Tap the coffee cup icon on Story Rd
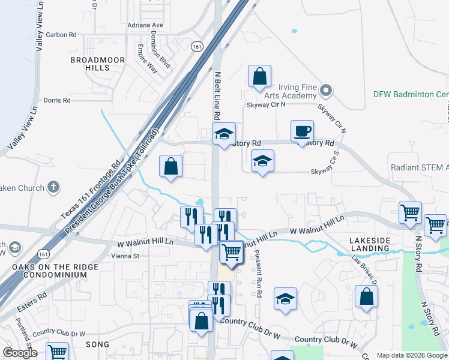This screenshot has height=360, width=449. tap(302, 131)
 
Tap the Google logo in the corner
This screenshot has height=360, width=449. tap(19, 353)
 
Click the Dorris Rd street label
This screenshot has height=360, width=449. tap(57, 100)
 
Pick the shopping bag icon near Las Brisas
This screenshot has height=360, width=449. tap(366, 297)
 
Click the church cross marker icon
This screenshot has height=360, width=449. tap(54, 188)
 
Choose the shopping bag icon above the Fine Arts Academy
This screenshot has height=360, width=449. tap(259, 76)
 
